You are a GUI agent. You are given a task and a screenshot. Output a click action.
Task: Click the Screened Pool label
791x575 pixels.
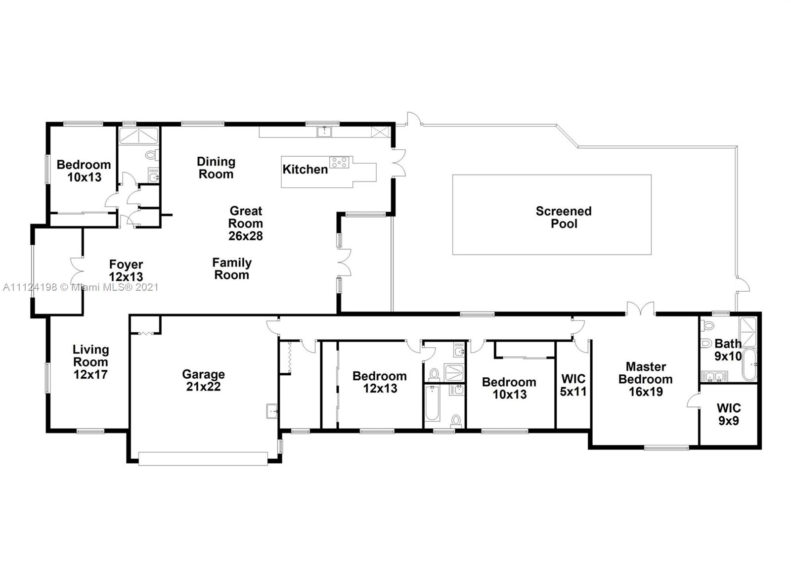[x=564, y=217]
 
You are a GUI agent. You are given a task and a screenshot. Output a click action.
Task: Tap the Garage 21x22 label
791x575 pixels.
[x=203, y=380]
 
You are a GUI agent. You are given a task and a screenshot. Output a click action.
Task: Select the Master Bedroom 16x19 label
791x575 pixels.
[x=646, y=379]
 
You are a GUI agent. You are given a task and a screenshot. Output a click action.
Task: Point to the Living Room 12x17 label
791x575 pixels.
[x=91, y=362]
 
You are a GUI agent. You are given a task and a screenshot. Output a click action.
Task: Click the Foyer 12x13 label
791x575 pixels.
[x=126, y=270]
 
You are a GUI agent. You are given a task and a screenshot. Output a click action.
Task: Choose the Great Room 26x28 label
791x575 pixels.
[x=246, y=223]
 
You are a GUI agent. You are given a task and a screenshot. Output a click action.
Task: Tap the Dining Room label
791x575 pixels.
[x=216, y=168]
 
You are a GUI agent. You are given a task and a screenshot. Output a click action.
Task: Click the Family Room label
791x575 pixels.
[x=232, y=269]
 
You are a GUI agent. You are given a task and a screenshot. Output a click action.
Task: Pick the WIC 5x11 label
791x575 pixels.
[x=573, y=385]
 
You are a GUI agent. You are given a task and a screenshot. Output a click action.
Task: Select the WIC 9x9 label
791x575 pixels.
[x=729, y=414]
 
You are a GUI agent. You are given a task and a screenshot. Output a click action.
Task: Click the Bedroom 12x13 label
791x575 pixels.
[x=380, y=382]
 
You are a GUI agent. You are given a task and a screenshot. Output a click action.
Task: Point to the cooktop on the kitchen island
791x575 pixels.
[x=339, y=163]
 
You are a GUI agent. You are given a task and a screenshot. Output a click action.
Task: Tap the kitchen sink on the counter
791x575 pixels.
[x=324, y=132]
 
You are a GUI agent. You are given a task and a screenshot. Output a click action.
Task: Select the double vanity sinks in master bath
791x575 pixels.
[x=714, y=377]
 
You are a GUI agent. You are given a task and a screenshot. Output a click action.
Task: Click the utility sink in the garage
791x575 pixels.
[x=272, y=411]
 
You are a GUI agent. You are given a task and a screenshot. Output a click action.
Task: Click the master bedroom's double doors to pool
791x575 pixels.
[x=641, y=309]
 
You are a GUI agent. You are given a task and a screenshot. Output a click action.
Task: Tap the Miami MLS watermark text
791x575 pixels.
[x=81, y=287]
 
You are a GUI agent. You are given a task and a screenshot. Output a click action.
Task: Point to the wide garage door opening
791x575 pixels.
[x=203, y=459]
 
